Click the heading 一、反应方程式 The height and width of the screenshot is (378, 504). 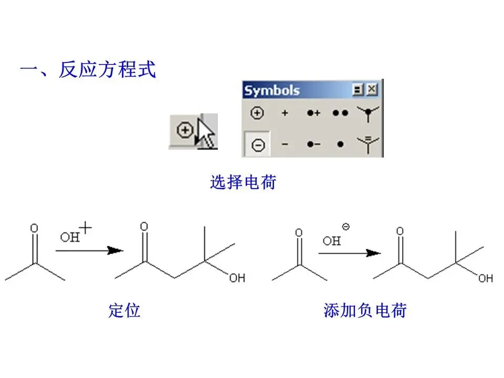pyautogui.click(x=88, y=70)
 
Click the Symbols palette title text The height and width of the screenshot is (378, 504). pyautogui.click(x=272, y=90)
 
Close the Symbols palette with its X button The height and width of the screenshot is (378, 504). pyautogui.click(x=372, y=90)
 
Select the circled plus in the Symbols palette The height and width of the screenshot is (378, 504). pyautogui.click(x=257, y=113)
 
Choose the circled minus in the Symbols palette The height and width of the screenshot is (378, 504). pyautogui.click(x=258, y=145)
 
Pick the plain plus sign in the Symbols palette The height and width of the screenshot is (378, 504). pyautogui.click(x=285, y=113)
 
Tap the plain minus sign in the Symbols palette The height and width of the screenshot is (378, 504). pyautogui.click(x=285, y=144)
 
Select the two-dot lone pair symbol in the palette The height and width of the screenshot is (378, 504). pyautogui.click(x=340, y=113)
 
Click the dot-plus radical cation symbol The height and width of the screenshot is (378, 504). pyautogui.click(x=313, y=113)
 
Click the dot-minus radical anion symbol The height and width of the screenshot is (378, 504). pyautogui.click(x=313, y=144)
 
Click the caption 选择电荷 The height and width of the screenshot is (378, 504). pyautogui.click(x=243, y=183)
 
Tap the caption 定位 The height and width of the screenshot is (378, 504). pyautogui.click(x=124, y=310)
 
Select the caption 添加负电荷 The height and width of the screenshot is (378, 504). pyautogui.click(x=365, y=310)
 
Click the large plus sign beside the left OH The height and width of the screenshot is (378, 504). pyautogui.click(x=86, y=228)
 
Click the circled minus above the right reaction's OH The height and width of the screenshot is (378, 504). pyautogui.click(x=345, y=227)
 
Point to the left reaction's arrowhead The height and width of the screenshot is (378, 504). pyautogui.click(x=114, y=250)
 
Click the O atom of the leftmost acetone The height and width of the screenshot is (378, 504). pyautogui.click(x=34, y=228)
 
